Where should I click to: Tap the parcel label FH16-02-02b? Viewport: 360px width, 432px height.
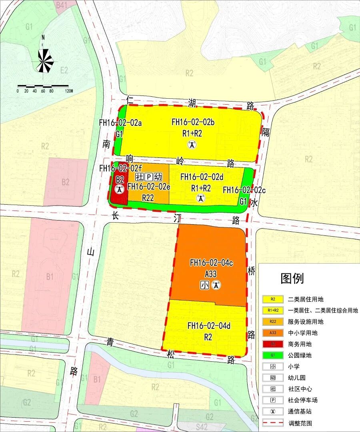click(193, 122)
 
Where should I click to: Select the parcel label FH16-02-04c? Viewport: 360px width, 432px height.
click(211, 263)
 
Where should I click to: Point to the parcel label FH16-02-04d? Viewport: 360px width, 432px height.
click(209, 326)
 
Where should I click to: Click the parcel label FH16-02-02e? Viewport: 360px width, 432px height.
click(149, 186)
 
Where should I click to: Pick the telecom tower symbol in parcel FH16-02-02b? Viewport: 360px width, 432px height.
click(193, 145)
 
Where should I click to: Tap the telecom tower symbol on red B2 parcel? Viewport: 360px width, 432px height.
click(119, 190)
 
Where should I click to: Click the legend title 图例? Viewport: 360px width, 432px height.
click(292, 278)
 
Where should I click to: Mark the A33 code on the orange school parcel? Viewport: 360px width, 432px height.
click(211, 274)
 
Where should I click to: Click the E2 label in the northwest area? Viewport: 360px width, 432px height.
click(64, 70)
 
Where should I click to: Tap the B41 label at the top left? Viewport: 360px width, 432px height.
click(62, 5)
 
